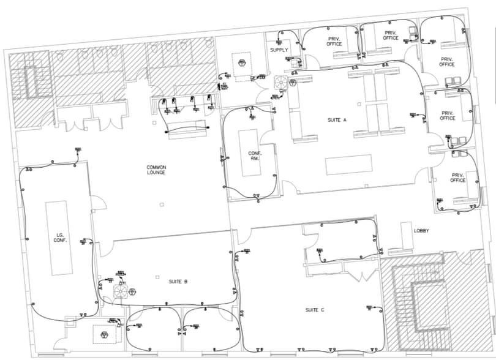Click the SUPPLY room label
(279, 50)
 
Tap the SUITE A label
(336, 119)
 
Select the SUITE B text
(178, 282)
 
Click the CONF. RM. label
(254, 156)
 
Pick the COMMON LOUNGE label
(156, 170)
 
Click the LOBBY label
(421, 231)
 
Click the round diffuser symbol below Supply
(281, 82)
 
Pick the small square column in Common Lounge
(161, 204)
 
